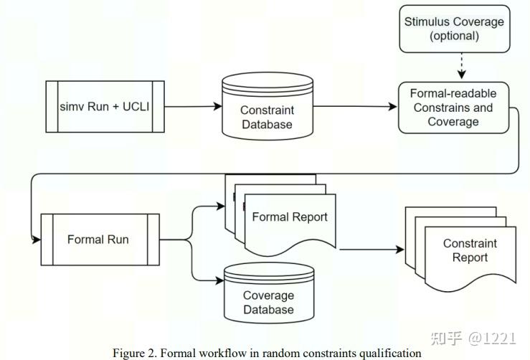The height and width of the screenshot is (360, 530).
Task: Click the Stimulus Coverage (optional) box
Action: [454, 29]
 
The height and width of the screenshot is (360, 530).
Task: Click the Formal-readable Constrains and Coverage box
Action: [453, 107]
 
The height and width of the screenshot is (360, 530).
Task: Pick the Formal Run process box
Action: [100, 239]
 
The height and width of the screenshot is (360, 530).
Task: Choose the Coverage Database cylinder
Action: [268, 295]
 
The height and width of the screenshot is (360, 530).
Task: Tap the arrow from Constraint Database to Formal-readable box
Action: [355, 107]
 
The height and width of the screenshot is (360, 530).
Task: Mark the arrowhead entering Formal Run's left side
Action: [37, 239]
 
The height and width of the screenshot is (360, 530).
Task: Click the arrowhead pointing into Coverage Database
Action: [219, 280]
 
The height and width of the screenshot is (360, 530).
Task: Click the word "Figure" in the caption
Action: [128, 352]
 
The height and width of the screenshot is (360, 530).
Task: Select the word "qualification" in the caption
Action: [392, 352]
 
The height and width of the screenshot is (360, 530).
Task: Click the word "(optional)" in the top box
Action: [454, 36]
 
